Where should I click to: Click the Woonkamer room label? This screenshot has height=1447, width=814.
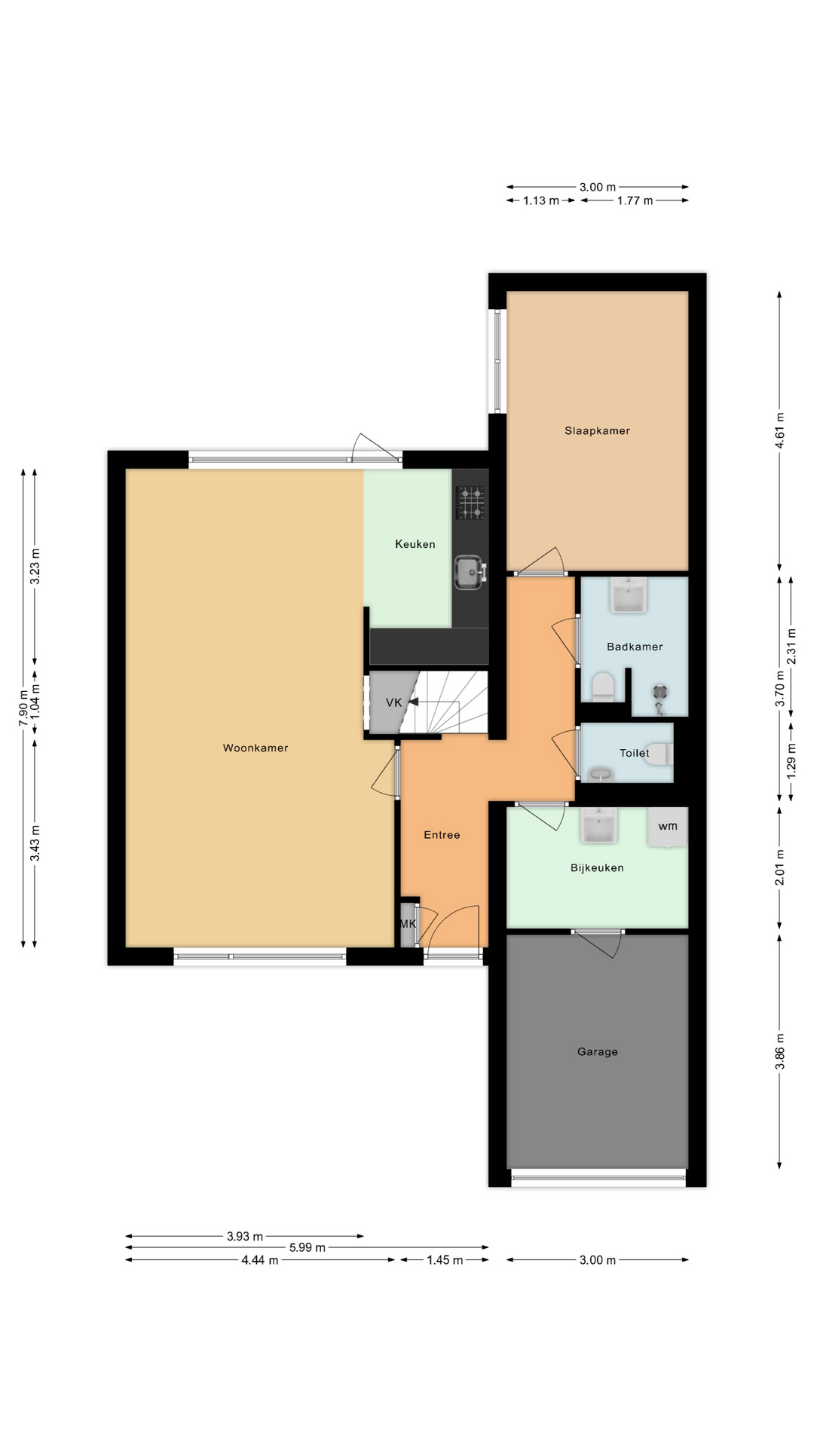coord(256,748)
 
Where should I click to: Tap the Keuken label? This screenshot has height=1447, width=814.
coord(415,544)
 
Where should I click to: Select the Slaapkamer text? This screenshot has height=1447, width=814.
coord(597,431)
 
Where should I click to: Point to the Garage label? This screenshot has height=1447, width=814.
coord(598,1052)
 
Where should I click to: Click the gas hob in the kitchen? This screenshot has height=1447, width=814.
coord(470,503)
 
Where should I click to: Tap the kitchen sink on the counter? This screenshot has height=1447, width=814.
coord(470,573)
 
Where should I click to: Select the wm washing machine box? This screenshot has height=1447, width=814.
coord(668,827)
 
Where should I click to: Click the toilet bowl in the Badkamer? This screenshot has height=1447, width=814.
coord(603,687)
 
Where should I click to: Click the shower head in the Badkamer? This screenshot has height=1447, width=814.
coord(661,692)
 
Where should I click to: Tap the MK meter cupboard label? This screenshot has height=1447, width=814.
coord(408,924)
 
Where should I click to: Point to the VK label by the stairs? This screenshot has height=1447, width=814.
coord(393,702)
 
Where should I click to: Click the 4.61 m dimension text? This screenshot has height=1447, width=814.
coord(780,430)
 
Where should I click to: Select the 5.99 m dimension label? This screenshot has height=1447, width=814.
coord(308,1247)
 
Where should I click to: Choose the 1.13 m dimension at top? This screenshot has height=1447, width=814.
coord(541,200)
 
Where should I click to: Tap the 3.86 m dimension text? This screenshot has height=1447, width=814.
coord(780,1051)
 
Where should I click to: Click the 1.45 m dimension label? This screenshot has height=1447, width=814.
coord(445,1260)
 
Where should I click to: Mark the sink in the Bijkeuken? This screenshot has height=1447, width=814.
coord(599,826)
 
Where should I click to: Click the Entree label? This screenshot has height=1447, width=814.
coord(442,835)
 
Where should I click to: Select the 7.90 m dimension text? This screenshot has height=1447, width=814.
coord(23,708)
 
